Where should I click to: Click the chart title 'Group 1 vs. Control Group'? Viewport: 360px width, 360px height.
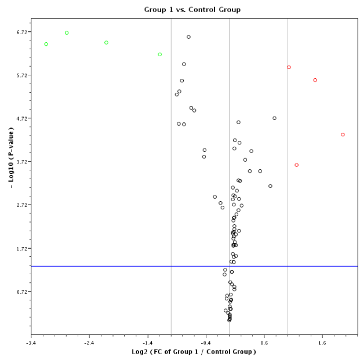192,9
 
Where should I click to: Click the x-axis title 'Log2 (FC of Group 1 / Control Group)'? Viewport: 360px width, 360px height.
194,352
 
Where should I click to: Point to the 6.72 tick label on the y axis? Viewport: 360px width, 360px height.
20,32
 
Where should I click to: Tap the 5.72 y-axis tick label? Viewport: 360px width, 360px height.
20,75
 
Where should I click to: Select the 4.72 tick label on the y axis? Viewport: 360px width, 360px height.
20,118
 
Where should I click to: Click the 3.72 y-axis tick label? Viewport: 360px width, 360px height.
20,162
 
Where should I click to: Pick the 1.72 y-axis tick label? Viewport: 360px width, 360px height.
20,248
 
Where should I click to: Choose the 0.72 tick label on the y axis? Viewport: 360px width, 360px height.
20,292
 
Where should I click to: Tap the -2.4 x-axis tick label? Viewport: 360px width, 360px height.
89,342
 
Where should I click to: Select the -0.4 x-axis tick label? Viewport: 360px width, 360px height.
205,342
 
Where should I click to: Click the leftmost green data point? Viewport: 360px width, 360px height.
46,44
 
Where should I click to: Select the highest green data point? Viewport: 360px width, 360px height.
67,33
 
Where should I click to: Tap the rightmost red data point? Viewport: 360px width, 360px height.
343,134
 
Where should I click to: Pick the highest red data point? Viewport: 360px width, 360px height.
289,67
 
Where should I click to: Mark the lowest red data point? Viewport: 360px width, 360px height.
296,165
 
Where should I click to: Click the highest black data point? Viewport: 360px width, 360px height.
188,37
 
